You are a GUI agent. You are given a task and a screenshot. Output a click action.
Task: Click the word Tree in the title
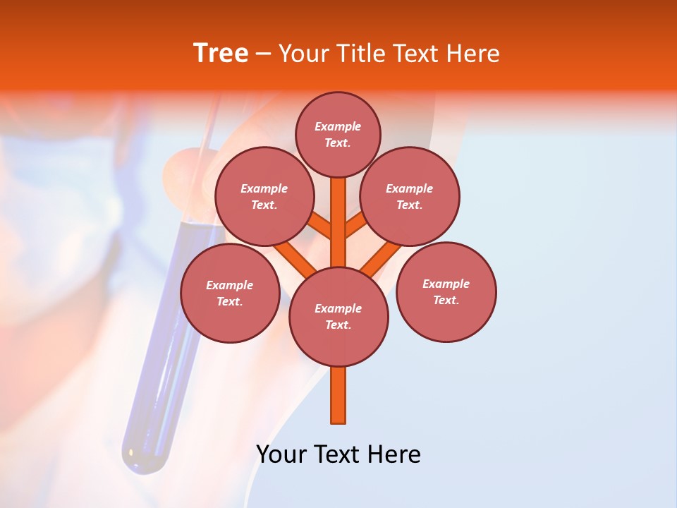pos(221,54)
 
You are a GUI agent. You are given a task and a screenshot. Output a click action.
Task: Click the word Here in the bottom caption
pos(394,454)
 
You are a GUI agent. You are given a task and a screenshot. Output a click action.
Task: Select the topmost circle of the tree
pos(338,134)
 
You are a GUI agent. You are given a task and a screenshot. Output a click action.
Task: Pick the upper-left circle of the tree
pos(264,196)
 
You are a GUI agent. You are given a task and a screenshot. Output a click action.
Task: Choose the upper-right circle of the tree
pos(410,196)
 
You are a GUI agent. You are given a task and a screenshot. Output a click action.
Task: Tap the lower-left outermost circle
pos(230,293)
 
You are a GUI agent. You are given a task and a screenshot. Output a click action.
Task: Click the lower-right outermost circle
pos(446,291)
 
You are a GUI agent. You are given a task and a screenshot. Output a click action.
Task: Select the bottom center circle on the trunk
pos(338,316)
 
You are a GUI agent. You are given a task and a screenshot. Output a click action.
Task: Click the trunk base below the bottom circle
pos(338,395)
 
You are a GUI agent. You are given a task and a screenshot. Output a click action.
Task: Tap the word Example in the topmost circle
pos(338,126)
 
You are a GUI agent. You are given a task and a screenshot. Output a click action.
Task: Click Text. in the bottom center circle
pos(338,325)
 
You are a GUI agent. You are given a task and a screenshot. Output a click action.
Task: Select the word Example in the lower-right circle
pos(446,284)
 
